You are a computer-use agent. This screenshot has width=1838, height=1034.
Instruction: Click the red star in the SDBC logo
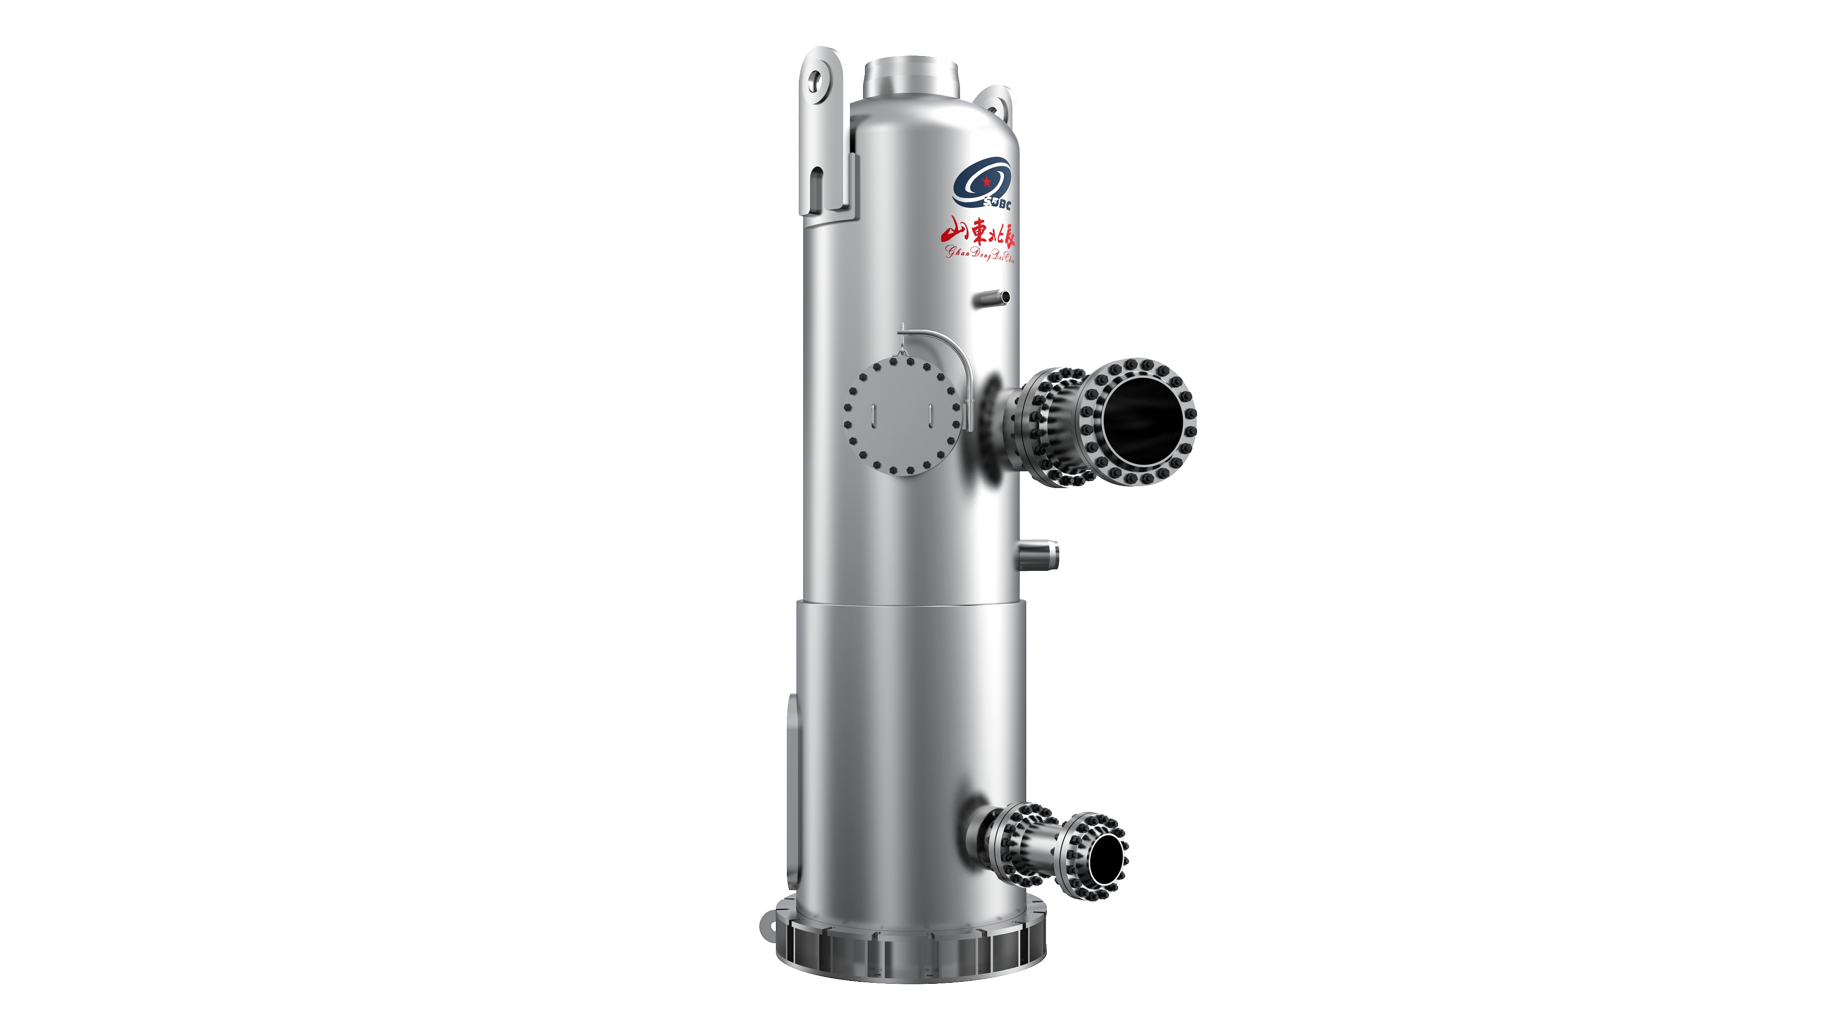986,181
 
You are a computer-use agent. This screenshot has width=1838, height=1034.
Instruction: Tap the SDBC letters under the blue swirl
997,204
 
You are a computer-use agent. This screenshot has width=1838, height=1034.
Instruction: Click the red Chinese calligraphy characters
977,231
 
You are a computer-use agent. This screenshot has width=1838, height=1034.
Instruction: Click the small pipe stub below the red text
993,298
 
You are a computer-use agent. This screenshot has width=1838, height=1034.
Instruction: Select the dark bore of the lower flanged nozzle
1103,857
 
